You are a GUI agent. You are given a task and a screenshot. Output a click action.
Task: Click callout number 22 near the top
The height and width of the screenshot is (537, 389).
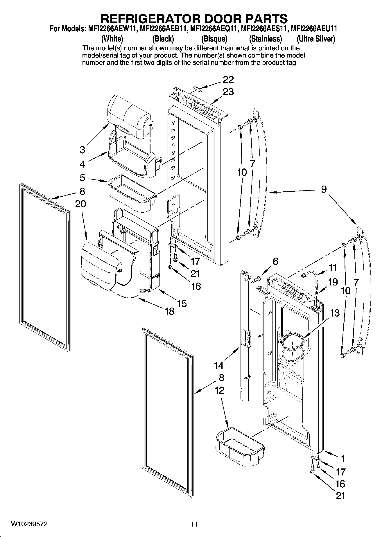pos(228,80)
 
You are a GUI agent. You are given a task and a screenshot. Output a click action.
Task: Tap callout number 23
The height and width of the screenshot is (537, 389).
pos(228,92)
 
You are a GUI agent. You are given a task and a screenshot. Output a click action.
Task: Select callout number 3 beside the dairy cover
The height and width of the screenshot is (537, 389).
pos(83,150)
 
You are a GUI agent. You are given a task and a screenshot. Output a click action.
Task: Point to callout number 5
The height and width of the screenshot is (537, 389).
pos(82,177)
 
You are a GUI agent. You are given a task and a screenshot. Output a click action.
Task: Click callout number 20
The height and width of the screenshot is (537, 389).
pos(80,204)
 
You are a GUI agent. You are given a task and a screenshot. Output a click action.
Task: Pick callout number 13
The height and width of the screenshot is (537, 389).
pos(335,313)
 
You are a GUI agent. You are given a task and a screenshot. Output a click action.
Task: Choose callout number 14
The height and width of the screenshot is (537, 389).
pos(218,365)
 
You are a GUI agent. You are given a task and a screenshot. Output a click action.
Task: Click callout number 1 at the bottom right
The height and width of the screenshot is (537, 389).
pos(343,459)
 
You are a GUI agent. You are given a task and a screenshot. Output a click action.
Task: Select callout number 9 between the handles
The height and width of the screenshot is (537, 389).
pos(324,189)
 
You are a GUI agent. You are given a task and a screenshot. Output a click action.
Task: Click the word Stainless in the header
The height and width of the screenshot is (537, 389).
pos(266,39)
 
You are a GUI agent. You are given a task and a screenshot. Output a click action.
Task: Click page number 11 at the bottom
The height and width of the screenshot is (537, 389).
pos(194,525)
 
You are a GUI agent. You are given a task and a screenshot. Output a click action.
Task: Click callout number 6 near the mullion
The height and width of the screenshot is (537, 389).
pos(275,261)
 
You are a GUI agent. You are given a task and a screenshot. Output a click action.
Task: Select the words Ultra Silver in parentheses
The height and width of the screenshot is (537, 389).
pos(316,39)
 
